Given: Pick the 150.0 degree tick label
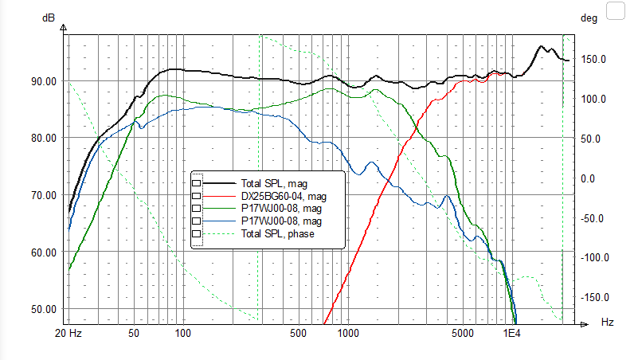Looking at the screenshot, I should pos(593,60).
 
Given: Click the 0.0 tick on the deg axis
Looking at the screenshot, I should pos(588,178).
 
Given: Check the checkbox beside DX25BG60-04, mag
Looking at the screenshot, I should pos(196,196).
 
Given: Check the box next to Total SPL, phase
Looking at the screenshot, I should pos(196,233).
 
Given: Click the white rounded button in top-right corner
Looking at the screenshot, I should pos(616,10).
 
